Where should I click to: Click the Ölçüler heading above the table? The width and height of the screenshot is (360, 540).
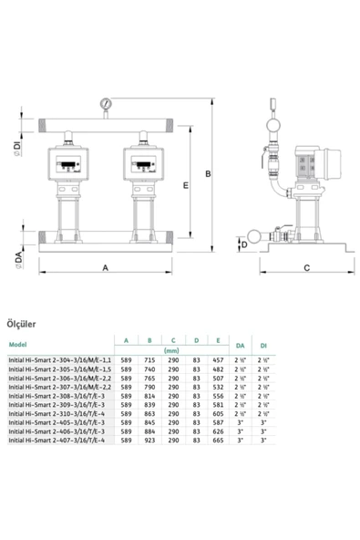[x=21, y=322]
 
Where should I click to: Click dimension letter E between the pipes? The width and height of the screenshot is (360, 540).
[x=185, y=185]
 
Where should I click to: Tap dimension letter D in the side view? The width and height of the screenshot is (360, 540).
[x=243, y=244]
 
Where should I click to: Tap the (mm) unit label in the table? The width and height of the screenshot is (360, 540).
[x=170, y=350]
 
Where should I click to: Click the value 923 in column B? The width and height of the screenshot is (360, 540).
[x=150, y=441]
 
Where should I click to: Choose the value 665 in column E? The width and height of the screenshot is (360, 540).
[x=218, y=441]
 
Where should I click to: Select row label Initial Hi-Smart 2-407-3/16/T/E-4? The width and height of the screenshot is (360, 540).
[x=57, y=441]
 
